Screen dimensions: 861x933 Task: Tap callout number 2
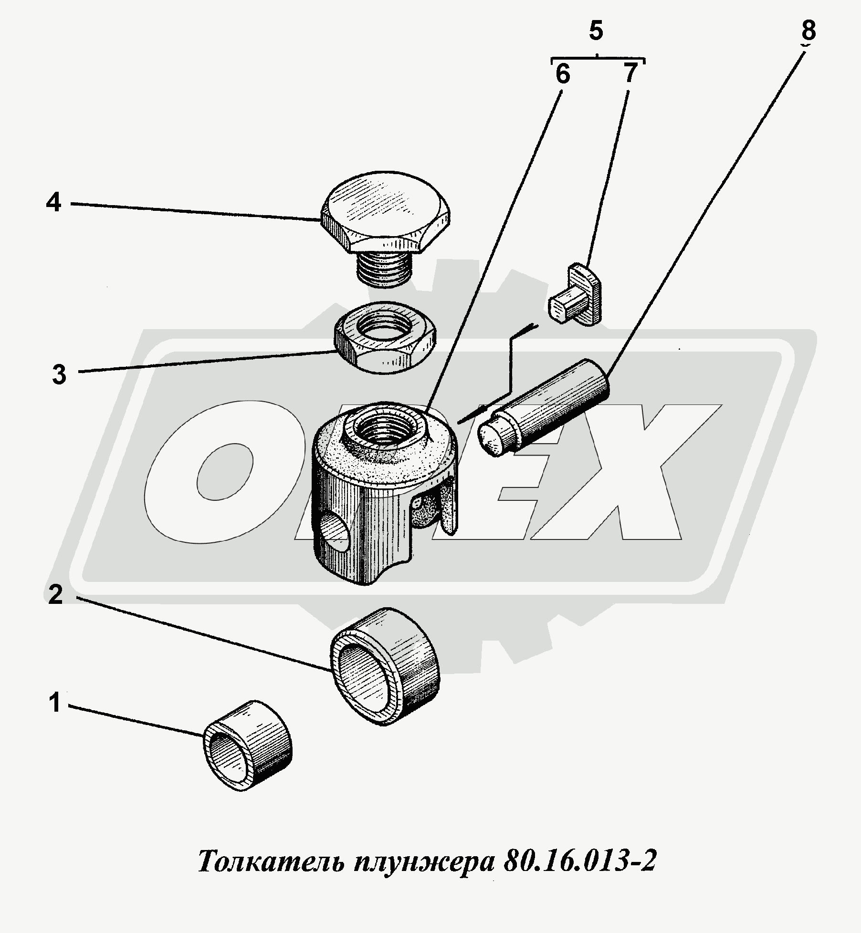coord(56,595)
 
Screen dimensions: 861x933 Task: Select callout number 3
coord(59,375)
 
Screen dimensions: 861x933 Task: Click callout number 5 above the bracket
coord(597,31)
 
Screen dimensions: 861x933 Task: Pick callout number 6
coord(563,75)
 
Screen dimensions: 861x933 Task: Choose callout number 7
coord(630,73)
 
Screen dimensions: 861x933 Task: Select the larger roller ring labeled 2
coord(385,666)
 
